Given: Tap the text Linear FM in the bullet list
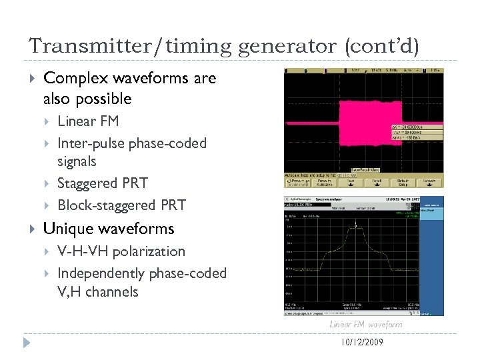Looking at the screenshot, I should click(89, 121).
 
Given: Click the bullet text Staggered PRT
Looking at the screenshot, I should click(103, 183).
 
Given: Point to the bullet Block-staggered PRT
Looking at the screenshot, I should click(121, 205).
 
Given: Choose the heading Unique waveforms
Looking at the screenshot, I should click(108, 229).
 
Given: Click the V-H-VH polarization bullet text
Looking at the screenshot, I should click(121, 251).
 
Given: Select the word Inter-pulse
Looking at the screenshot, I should click(91, 143).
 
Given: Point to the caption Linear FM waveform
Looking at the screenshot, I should click(366, 325).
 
